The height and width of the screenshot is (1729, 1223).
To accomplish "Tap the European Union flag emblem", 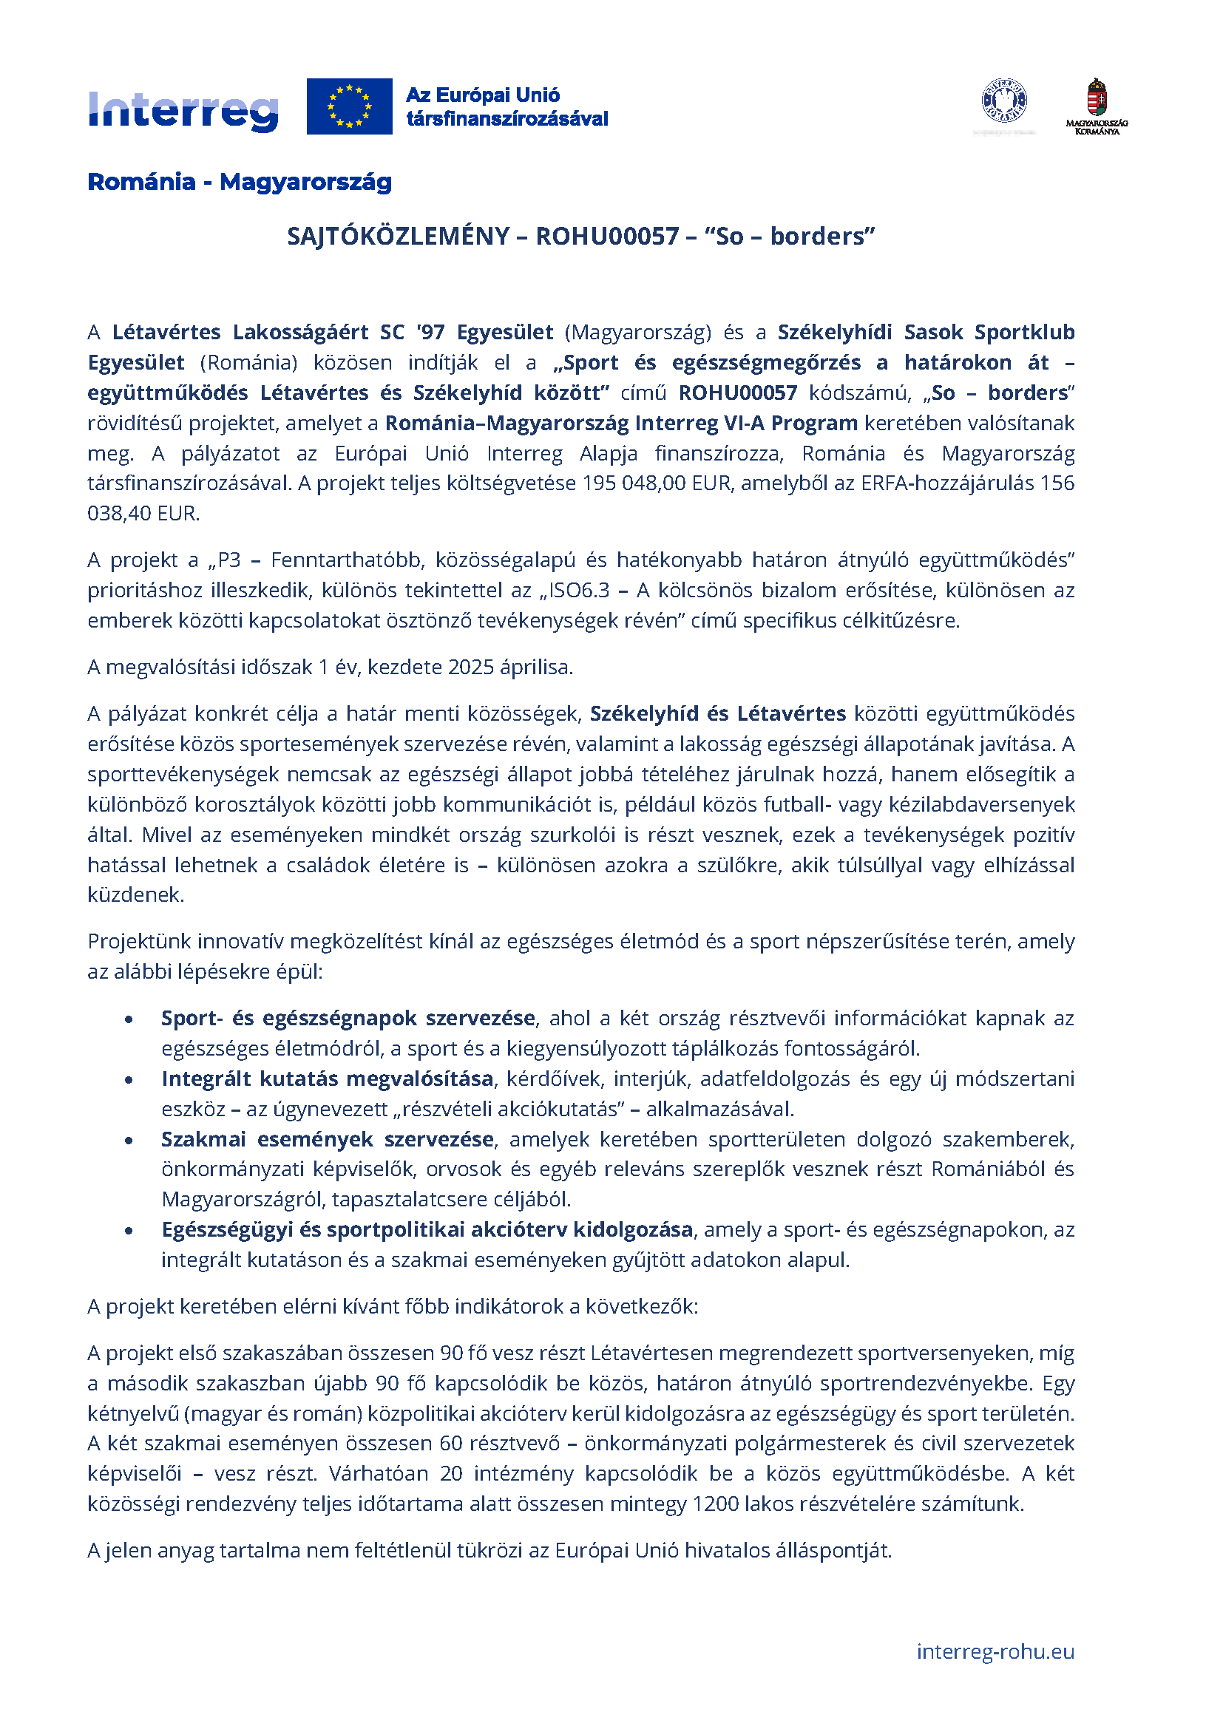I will tap(349, 106).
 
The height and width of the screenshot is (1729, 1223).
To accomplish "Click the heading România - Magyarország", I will tap(240, 182).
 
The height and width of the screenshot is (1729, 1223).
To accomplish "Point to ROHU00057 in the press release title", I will tap(607, 237).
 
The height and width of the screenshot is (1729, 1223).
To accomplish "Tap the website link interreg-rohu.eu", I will tap(995, 1651).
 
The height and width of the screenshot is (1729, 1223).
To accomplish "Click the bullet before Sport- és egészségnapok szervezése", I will tap(129, 1019).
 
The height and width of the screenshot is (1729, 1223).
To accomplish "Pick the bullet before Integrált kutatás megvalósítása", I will tap(129, 1080).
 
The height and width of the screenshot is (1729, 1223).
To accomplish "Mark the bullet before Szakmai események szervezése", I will tap(129, 1140).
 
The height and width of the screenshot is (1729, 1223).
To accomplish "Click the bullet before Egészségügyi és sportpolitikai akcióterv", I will tap(129, 1231).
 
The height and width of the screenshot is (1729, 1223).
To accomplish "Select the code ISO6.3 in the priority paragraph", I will tap(579, 591).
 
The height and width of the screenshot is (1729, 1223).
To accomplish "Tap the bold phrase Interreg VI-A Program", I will tap(745, 424).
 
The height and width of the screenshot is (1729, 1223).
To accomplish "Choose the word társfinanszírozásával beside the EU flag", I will tap(507, 119).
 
